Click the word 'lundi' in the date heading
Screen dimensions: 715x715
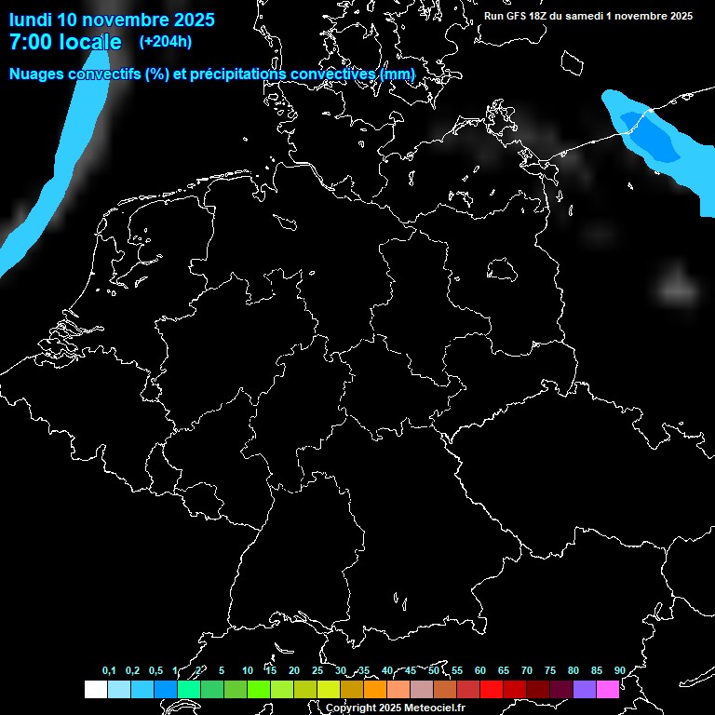tap(30, 20)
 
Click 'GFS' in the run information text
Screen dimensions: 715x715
tap(519, 16)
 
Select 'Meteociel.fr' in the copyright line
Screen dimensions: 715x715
tap(431, 708)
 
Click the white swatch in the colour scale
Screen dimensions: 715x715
tap(95, 689)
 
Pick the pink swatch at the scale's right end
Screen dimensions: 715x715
tap(607, 689)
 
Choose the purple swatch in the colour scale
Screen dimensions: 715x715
tap(584, 689)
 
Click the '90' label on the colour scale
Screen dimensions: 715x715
tap(620, 670)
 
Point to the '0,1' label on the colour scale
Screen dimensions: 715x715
tap(109, 670)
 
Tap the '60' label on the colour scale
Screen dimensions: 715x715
tap(480, 670)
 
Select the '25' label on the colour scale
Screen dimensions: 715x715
tap(317, 670)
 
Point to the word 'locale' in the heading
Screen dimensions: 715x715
tap(91, 42)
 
